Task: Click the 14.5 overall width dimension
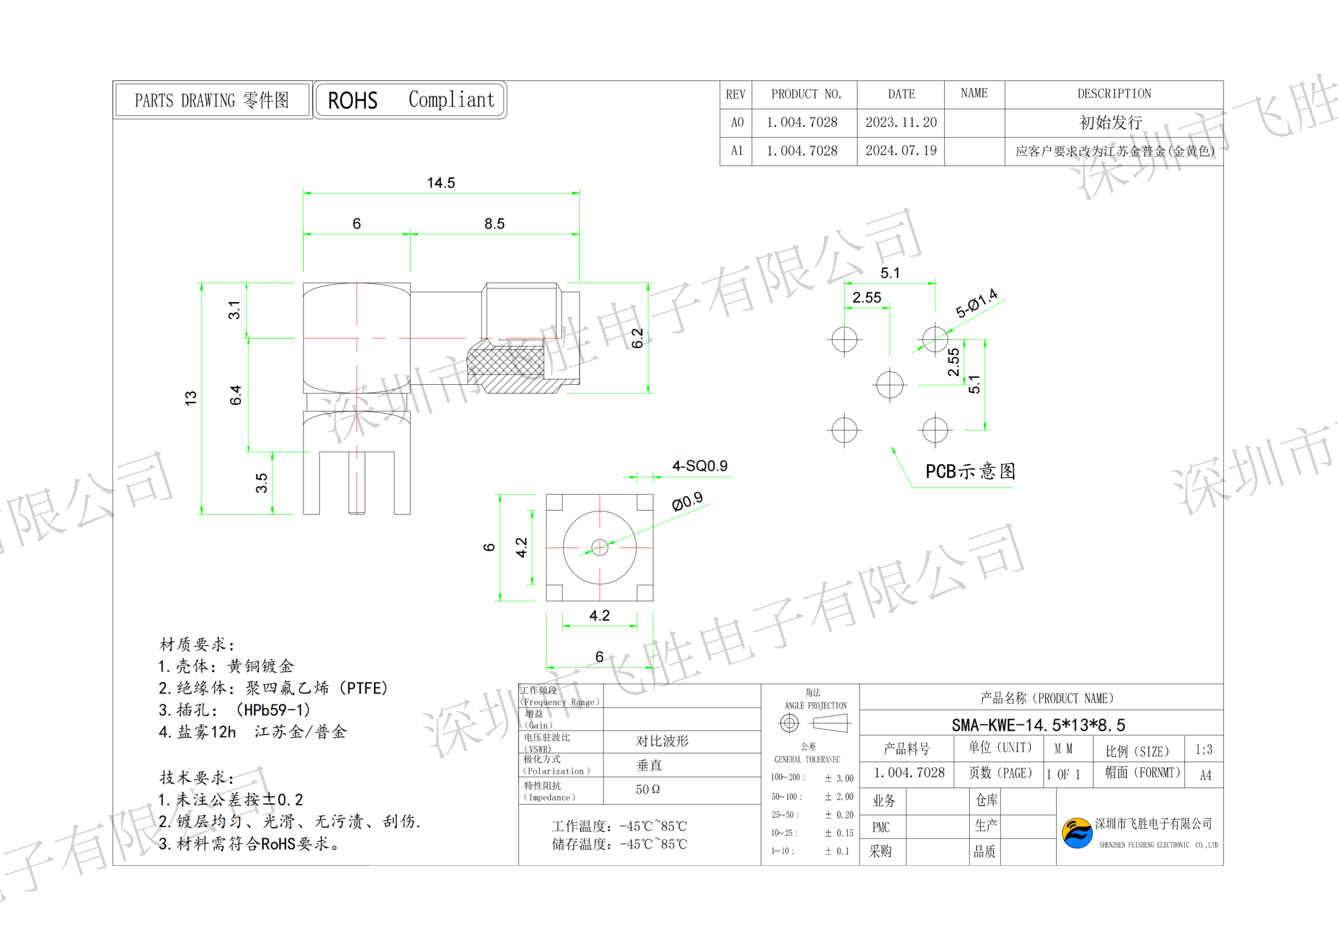point(440,183)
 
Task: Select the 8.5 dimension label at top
point(494,224)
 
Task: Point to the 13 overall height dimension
point(191,398)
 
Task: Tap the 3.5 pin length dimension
point(261,483)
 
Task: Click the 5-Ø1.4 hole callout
point(976,303)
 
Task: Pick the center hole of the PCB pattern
point(889,384)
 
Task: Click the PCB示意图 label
point(970,471)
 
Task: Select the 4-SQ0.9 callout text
point(700,466)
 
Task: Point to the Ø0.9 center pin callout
point(687,502)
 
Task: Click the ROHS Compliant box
point(410,100)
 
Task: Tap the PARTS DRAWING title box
point(212,100)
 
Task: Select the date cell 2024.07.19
point(901,151)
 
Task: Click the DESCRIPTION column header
point(1113,94)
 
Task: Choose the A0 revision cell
point(737,122)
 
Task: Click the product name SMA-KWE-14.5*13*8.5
point(1038,725)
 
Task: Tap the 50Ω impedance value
point(647,789)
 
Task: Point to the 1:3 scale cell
point(1203,750)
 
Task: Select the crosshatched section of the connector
point(505,362)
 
